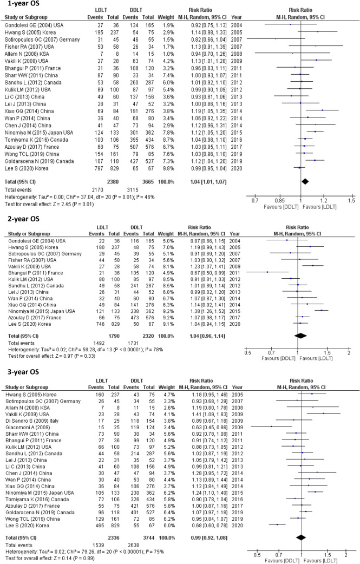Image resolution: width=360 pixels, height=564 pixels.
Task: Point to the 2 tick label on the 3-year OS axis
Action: coord(345,553)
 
